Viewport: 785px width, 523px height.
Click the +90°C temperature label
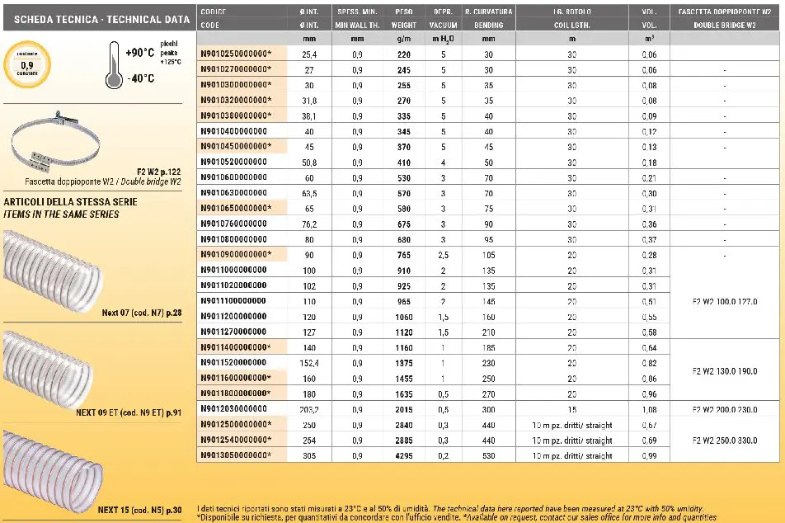point(140,53)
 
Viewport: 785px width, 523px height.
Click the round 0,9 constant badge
point(26,63)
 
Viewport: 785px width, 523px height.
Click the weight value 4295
point(403,455)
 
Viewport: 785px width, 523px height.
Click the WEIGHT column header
point(403,26)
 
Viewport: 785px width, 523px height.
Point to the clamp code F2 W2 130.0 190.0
point(725,370)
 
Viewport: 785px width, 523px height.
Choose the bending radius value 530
point(488,455)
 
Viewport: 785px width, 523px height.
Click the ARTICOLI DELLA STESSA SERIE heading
point(70,201)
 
